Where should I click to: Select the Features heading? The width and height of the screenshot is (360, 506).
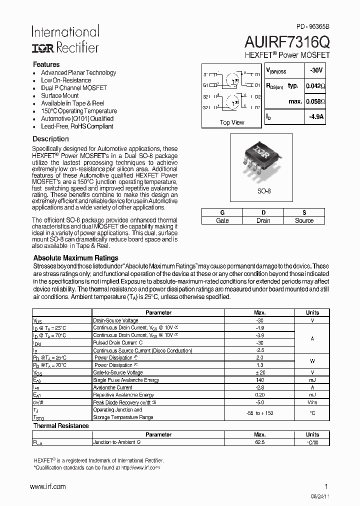tap(46, 64)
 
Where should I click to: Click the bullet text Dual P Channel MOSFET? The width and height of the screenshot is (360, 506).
tap(74, 88)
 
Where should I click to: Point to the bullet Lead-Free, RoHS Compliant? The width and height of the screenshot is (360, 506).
tap(77, 126)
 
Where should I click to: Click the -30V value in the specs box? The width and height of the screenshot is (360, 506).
tap(316, 70)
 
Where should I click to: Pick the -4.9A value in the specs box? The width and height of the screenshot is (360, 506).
tap(316, 117)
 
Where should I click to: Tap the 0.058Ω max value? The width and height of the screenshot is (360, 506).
tap(315, 101)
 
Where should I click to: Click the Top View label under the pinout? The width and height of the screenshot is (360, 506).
tap(232, 122)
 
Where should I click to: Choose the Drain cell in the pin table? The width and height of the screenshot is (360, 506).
tap(263, 220)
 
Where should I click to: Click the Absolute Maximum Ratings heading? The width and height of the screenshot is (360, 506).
tap(75, 258)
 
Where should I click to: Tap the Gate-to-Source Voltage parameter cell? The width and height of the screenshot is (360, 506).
tap(118, 372)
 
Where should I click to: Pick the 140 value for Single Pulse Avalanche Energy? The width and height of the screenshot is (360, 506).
tap(259, 380)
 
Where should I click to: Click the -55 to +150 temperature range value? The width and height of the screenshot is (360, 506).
tap(259, 413)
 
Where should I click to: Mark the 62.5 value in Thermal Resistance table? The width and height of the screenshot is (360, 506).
tap(259, 442)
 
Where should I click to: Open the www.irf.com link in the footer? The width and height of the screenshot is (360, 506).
tap(48, 486)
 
